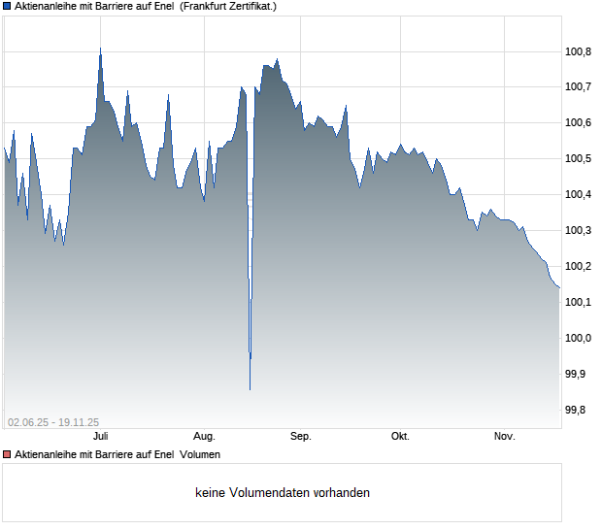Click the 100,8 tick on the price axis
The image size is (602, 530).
point(578,51)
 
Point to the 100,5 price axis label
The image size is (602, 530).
point(578,158)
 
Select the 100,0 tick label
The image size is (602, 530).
point(578,338)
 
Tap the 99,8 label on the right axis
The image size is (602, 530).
point(575,410)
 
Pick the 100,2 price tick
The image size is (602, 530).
point(578,266)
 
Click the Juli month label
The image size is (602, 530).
point(101,436)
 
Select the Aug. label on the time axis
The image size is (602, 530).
point(204,436)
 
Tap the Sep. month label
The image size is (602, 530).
point(301,436)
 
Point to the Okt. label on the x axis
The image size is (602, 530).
point(400,436)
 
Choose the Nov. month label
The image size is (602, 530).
point(505,436)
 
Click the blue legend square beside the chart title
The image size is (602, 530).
point(7,6)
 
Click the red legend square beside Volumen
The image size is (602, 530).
point(7,454)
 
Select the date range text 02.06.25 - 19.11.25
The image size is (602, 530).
point(53,422)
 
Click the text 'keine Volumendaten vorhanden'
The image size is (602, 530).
point(283,492)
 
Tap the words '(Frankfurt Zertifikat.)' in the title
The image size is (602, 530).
point(228,6)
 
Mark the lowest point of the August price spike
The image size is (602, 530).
point(250,389)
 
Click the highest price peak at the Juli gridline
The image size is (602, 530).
point(101,49)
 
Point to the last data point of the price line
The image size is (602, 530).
point(559,287)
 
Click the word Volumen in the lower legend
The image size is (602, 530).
point(200,454)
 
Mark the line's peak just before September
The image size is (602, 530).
point(277,59)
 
